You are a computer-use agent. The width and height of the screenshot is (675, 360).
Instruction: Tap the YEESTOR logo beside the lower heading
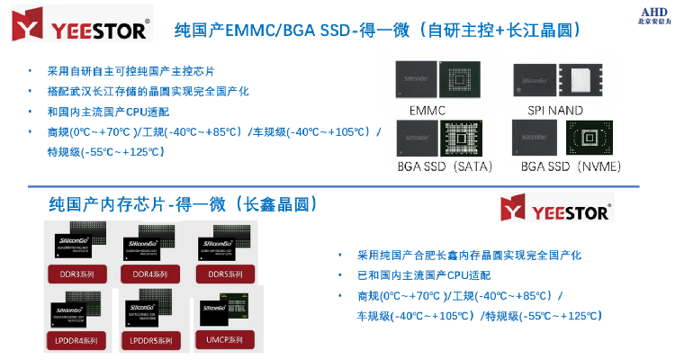pyautogui.click(x=556, y=211)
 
